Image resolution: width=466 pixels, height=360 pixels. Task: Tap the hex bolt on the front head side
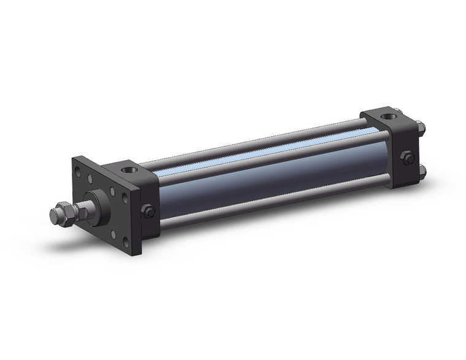147,211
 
